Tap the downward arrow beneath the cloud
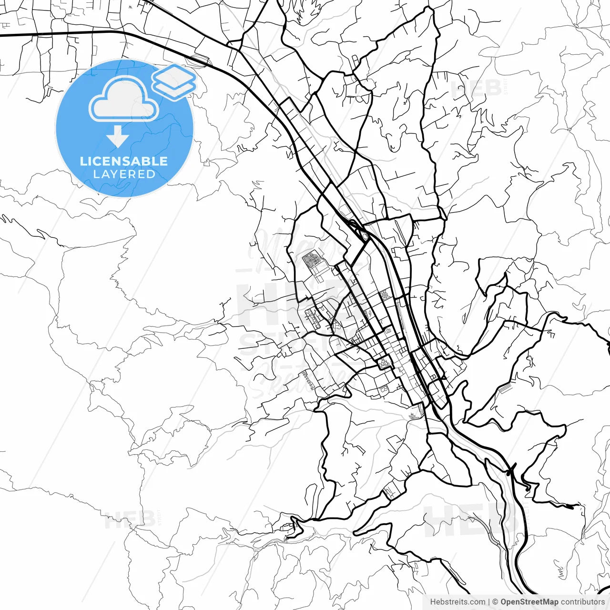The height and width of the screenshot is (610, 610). coord(118,137)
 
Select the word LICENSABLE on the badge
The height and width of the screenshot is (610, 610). coord(124,161)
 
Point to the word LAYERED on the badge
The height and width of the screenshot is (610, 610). coord(124,174)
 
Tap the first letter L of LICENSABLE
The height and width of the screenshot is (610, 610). coord(83,161)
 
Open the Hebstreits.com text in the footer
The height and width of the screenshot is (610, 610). coord(457,602)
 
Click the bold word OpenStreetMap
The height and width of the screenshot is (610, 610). coord(529,602)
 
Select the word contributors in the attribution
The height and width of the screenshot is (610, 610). coord(582,602)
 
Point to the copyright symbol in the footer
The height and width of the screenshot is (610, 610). coord(496,602)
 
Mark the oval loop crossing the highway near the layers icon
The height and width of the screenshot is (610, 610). coord(200,60)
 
